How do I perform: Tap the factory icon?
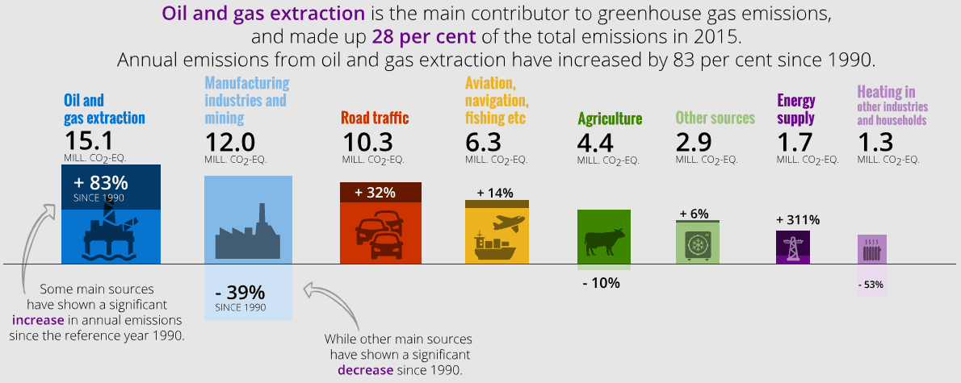click(x=248, y=235)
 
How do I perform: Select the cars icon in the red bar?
click(x=380, y=235)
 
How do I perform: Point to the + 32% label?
click(x=375, y=192)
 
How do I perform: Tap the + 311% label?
click(x=797, y=219)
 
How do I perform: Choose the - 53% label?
click(x=871, y=284)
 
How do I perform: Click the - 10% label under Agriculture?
click(x=600, y=282)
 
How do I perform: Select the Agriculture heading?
click(x=610, y=119)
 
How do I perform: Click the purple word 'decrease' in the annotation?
click(x=364, y=369)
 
